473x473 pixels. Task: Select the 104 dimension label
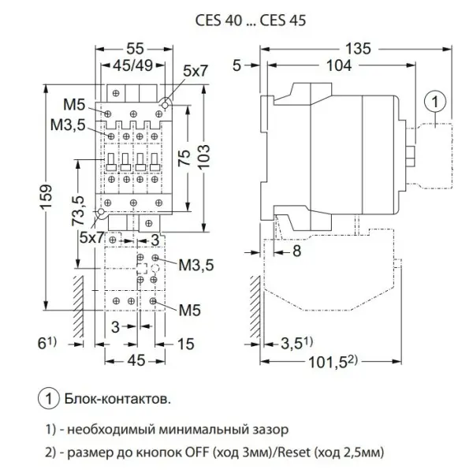coord(339,69)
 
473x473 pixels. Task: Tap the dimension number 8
coord(296,252)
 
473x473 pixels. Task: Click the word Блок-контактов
coord(118,400)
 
